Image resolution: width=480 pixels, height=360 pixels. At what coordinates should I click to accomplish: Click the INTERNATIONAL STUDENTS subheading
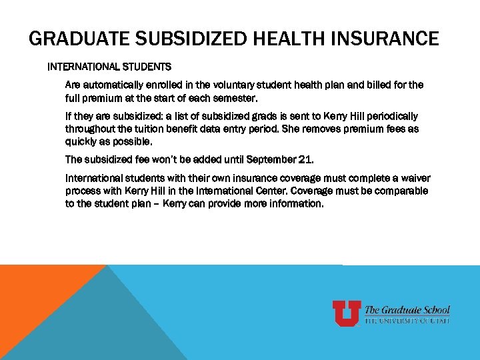(109, 67)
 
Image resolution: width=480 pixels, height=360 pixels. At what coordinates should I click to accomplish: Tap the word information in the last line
(296, 204)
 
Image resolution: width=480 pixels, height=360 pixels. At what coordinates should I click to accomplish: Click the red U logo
(347, 313)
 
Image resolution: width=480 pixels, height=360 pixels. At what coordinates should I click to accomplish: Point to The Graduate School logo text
(407, 309)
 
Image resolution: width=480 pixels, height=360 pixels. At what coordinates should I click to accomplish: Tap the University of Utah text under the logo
(407, 321)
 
